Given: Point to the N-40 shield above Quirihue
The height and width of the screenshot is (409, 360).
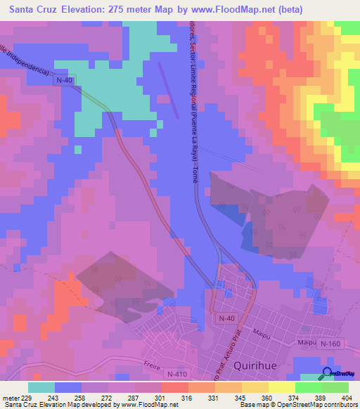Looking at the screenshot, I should [226, 319].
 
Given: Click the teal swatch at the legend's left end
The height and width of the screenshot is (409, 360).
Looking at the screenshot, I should [41, 387].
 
